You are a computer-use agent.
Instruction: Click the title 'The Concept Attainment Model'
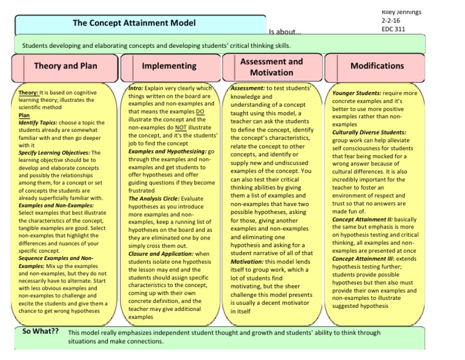pyautogui.click(x=134, y=23)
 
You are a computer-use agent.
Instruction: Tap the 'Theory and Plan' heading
pyautogui.click(x=65, y=65)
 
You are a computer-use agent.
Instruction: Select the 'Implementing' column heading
pyautogui.click(x=169, y=65)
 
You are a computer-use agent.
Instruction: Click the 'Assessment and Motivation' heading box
pyautogui.click(x=271, y=67)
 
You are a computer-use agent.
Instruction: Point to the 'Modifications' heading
pyautogui.click(x=377, y=65)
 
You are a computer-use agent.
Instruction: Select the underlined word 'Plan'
pyautogui.click(x=24, y=115)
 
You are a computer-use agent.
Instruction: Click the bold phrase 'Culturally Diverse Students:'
pyautogui.click(x=369, y=132)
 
